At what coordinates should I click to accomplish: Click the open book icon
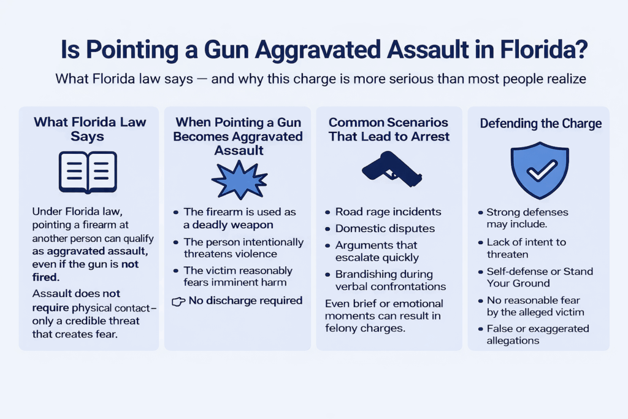pyautogui.click(x=88, y=171)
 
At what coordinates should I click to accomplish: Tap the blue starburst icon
pyautogui.click(x=239, y=180)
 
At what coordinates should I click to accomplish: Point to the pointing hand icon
pyautogui.click(x=178, y=302)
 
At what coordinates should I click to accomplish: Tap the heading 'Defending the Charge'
pyautogui.click(x=540, y=124)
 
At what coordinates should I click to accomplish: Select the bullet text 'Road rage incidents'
pyautogui.click(x=388, y=212)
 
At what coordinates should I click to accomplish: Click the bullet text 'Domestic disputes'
pyautogui.click(x=385, y=229)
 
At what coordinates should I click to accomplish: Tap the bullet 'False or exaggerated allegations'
pyautogui.click(x=537, y=334)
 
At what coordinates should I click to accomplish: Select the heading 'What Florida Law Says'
pyautogui.click(x=90, y=129)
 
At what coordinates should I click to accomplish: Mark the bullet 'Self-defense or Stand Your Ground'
pyautogui.click(x=540, y=277)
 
